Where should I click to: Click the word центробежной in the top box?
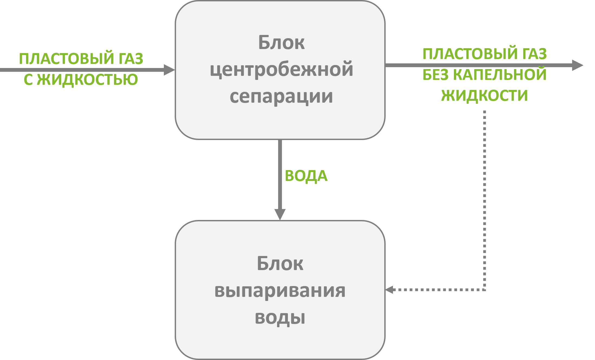coord(281,69)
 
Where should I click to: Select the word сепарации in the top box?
coord(281,96)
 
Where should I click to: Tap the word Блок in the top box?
coord(281,43)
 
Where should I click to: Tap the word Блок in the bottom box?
coord(280,263)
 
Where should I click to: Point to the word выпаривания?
coord(280,290)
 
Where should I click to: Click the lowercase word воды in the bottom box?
coord(280,317)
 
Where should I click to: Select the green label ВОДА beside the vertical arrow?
coord(306,176)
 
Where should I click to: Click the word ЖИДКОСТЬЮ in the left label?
coord(87,80)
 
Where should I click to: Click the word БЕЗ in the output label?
coord(435,75)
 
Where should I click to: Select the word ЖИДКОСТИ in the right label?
coord(485,95)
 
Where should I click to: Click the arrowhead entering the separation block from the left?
coord(170,70)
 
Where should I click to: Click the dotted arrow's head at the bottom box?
coord(389,290)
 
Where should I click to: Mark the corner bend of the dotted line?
coord(485,290)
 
